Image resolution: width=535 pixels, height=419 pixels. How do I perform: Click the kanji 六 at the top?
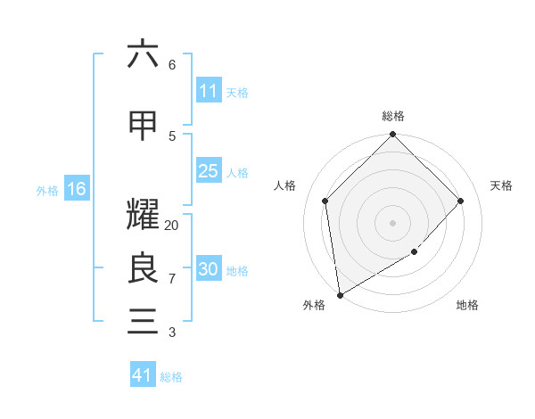pyautogui.click(x=143, y=54)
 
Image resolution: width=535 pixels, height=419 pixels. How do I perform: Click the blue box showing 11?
pyautogui.click(x=209, y=91)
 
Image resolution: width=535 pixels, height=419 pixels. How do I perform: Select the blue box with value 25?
pyautogui.click(x=209, y=171)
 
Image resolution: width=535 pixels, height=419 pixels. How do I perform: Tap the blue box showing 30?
pyautogui.click(x=209, y=269)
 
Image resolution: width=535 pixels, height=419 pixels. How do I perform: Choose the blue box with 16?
pyautogui.click(x=77, y=189)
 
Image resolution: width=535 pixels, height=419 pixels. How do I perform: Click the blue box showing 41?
pyautogui.click(x=143, y=375)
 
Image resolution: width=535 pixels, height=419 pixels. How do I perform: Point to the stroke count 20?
pyautogui.click(x=172, y=226)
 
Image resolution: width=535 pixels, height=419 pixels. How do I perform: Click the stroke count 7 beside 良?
pyautogui.click(x=172, y=278)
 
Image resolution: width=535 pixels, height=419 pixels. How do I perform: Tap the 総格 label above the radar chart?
pyautogui.click(x=393, y=116)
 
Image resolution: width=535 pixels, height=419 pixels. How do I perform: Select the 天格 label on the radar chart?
pyautogui.click(x=501, y=185)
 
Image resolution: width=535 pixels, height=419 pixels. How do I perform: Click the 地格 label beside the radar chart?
pyautogui.click(x=467, y=306)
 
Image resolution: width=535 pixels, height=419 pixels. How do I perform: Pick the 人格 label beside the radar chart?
pyautogui.click(x=285, y=185)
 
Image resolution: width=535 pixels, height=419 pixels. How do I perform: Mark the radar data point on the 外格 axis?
pyautogui.click(x=340, y=295)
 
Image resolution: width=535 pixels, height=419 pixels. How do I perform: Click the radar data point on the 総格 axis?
pyautogui.click(x=393, y=136)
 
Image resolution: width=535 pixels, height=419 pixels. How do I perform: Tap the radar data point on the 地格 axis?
pyautogui.click(x=415, y=252)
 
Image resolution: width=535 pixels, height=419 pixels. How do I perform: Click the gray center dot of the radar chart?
pyautogui.click(x=393, y=223)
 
